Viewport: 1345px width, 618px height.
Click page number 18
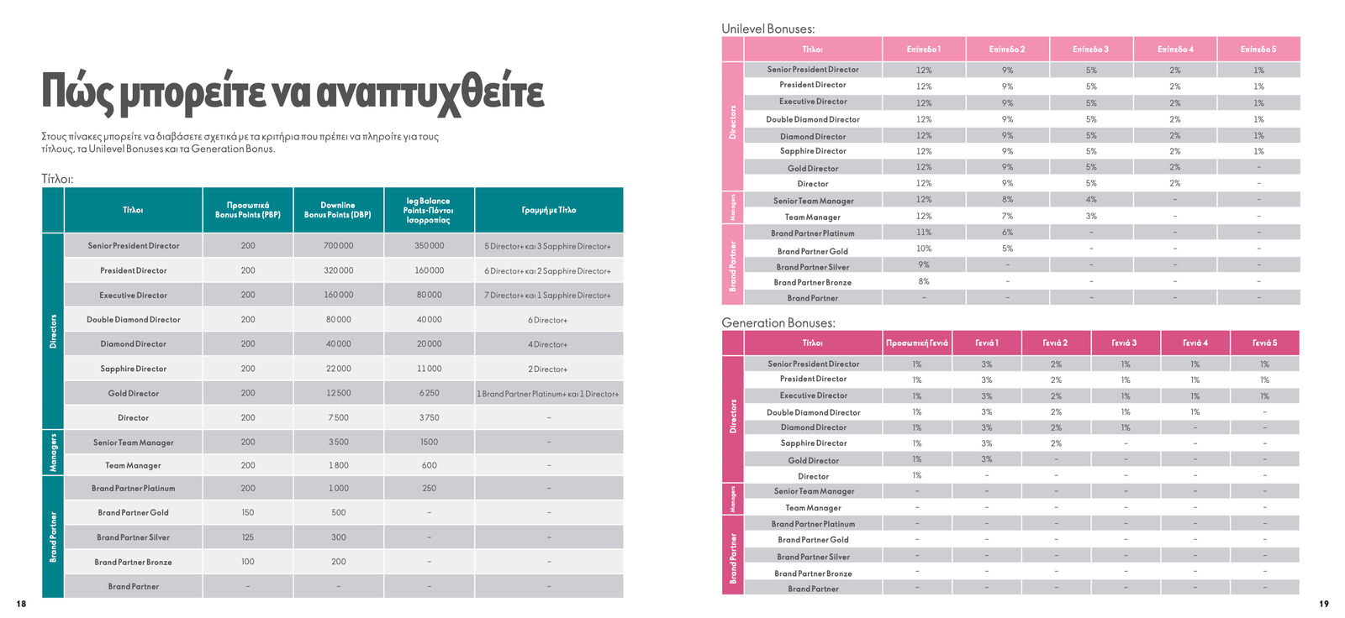tap(21, 604)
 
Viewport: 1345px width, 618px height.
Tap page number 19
tap(1324, 604)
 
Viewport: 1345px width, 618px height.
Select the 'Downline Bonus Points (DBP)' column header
tap(338, 210)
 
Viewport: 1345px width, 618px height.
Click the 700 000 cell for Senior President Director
tap(338, 246)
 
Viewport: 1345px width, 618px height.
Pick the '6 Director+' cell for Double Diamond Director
tap(548, 320)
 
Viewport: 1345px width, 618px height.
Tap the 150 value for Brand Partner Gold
tap(247, 512)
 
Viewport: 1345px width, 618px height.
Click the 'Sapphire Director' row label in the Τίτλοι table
tap(134, 369)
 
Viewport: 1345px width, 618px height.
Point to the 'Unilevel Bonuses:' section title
tap(767, 29)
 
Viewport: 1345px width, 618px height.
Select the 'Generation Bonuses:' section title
tap(778, 322)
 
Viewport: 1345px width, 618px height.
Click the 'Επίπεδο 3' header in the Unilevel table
tap(1090, 50)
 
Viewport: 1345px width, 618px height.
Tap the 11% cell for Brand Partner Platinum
tap(924, 233)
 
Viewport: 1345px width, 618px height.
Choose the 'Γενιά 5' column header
tap(1264, 343)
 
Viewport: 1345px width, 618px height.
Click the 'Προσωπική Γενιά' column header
tap(917, 343)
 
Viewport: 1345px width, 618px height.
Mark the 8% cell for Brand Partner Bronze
tap(924, 281)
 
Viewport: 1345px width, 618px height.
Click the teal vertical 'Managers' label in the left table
tap(54, 453)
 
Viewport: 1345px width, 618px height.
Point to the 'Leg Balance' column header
tap(429, 210)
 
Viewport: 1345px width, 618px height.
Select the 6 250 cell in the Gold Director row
tap(429, 393)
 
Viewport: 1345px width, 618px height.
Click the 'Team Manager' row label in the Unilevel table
tap(812, 217)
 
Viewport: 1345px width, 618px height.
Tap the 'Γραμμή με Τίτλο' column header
tap(548, 210)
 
